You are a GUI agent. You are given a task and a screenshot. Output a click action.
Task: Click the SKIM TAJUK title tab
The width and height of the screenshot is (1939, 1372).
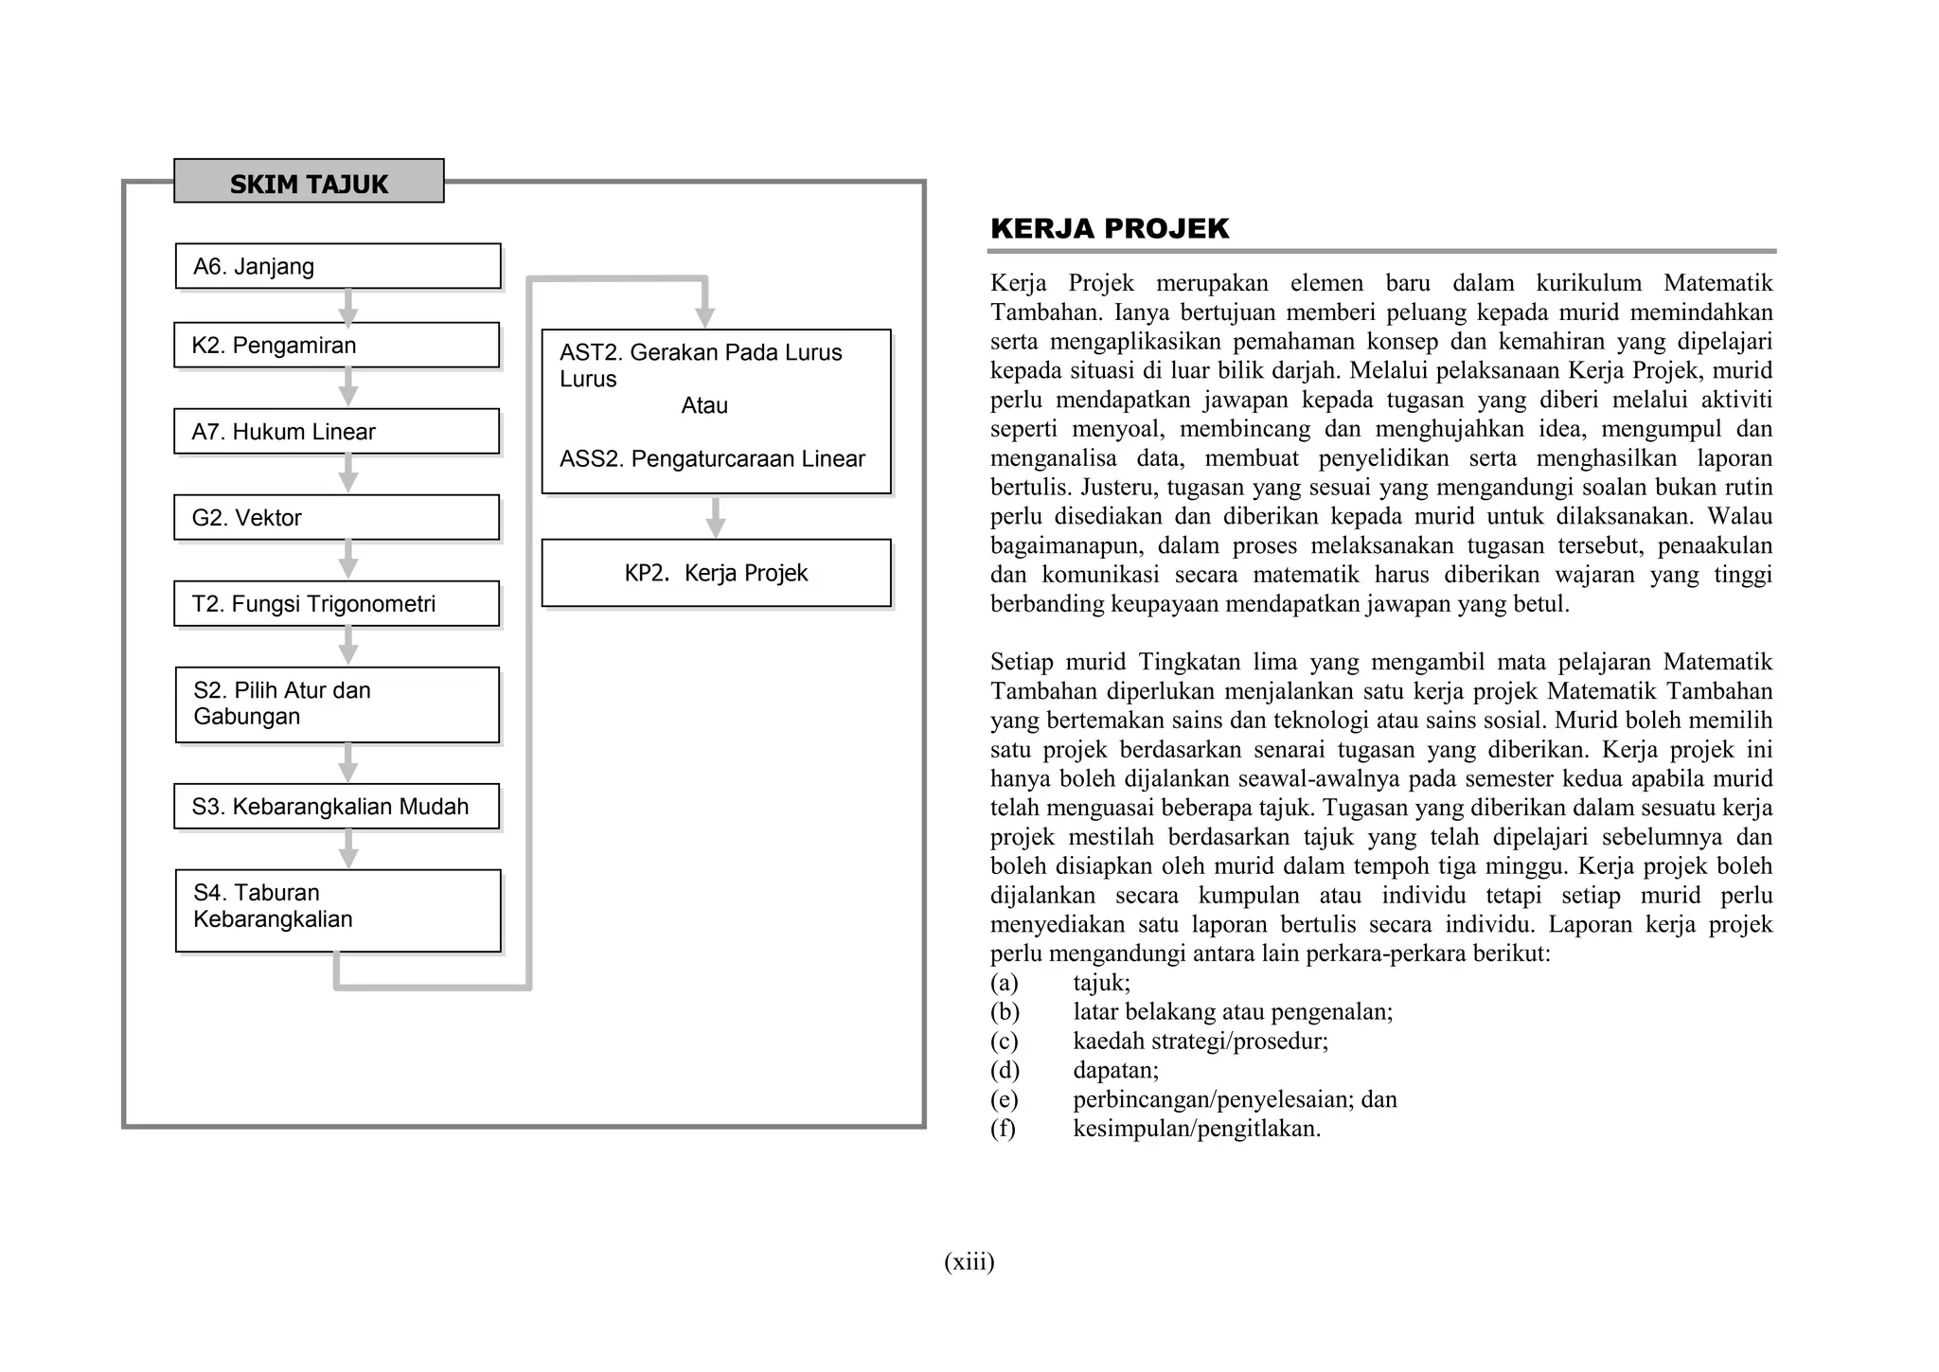point(309,182)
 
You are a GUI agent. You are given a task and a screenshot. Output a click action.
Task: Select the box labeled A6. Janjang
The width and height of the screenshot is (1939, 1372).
point(338,266)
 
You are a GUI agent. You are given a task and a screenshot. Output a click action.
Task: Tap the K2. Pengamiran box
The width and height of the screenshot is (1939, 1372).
point(336,345)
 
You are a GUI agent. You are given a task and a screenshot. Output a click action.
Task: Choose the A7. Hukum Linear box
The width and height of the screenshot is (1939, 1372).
point(336,432)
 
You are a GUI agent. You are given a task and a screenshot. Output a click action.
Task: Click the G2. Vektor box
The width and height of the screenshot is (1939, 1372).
point(336,518)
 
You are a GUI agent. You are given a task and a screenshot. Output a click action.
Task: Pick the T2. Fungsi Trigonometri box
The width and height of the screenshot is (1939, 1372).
point(336,604)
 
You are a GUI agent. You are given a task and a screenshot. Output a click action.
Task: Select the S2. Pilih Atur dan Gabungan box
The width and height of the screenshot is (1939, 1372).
point(337,704)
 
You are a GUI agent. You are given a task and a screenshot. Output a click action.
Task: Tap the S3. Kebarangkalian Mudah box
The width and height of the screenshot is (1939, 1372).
point(336,807)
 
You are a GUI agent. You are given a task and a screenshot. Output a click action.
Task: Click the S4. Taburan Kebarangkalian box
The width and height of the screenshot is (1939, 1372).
point(338,910)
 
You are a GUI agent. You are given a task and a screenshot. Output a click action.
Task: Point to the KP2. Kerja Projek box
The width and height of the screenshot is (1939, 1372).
point(716,573)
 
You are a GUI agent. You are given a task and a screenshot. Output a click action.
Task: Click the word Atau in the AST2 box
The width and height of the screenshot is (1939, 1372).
point(704,405)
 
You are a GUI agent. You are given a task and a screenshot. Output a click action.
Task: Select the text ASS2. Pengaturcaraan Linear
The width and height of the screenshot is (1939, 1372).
point(712,459)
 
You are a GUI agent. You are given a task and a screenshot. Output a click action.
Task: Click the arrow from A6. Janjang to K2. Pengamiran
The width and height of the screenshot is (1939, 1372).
point(348,307)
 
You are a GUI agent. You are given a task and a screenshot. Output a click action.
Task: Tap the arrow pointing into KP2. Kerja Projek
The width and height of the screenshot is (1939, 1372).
point(717,518)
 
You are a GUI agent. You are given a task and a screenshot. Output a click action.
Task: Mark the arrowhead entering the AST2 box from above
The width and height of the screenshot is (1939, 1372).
point(705,316)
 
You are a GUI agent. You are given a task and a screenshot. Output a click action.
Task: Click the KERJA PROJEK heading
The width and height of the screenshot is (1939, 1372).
point(1109,228)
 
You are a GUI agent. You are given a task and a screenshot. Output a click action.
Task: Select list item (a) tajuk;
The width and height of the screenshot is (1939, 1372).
point(1101,983)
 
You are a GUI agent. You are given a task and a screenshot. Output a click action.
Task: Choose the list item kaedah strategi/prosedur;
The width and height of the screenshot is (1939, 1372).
point(1200,1042)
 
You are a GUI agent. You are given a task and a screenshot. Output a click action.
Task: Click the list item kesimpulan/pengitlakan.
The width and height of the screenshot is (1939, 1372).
point(1196,1129)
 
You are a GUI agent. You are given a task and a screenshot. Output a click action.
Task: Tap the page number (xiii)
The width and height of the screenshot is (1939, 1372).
point(969,1261)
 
